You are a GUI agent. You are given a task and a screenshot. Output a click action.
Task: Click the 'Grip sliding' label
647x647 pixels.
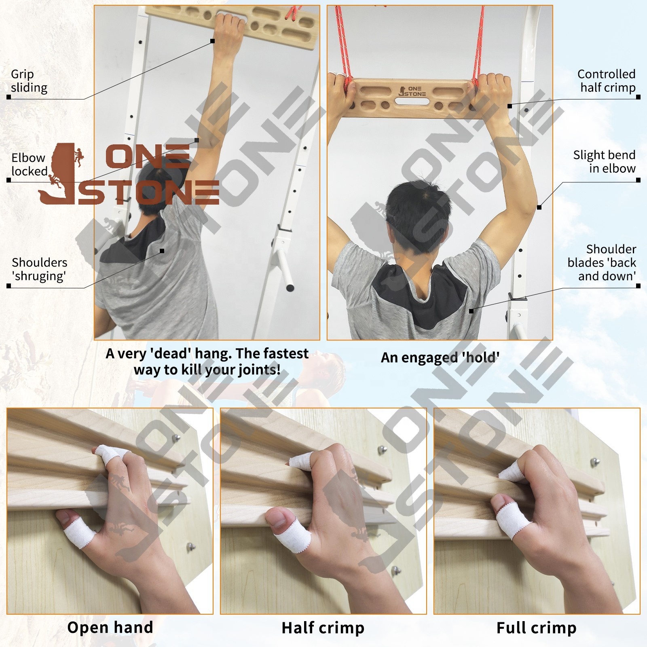click(x=29, y=81)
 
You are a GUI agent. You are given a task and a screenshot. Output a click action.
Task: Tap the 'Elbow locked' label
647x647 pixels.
click(x=30, y=165)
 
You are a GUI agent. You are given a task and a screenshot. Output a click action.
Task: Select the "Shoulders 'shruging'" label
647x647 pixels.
click(x=39, y=269)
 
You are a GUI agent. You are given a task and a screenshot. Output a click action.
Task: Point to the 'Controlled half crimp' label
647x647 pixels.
click(x=607, y=81)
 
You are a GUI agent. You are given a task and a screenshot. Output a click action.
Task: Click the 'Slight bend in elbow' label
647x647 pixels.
click(x=605, y=162)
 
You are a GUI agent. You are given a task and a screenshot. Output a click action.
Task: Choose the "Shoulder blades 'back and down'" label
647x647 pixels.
click(x=602, y=262)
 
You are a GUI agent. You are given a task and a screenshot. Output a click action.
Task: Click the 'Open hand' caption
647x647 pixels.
click(x=110, y=627)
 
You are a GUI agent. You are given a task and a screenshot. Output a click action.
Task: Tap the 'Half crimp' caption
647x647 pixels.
click(x=323, y=628)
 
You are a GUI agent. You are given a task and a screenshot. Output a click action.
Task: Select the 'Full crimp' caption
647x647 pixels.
click(x=537, y=628)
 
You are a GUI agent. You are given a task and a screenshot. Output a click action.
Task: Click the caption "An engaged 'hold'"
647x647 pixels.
click(x=440, y=357)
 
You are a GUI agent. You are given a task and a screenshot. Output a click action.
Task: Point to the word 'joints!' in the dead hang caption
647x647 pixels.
click(x=259, y=370)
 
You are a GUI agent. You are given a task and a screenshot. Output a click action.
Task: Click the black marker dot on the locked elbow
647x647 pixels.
click(x=197, y=140)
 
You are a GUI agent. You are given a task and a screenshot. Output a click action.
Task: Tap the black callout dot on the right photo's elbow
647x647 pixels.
click(x=539, y=207)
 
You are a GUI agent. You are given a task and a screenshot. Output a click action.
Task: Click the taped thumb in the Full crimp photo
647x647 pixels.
click(x=507, y=520)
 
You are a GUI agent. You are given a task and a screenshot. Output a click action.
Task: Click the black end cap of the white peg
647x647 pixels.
click(x=290, y=288)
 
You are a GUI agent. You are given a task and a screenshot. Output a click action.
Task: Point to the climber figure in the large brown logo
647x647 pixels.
click(x=78, y=158)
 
